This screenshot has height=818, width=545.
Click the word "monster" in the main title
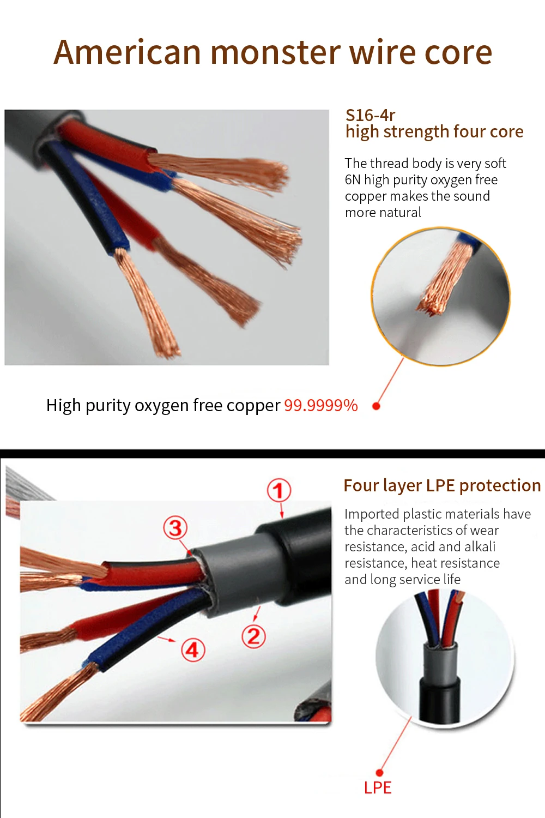[276, 52]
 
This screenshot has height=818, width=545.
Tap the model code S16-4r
[370, 116]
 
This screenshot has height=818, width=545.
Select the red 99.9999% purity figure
[321, 405]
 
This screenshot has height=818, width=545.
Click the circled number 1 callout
[279, 490]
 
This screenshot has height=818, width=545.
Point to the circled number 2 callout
[254, 636]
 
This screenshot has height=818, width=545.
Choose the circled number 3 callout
[175, 528]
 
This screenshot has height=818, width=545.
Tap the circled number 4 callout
[193, 650]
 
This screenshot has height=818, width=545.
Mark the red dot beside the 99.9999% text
[377, 406]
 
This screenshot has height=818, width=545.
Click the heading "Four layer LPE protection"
[442, 486]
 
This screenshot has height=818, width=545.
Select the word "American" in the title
[127, 52]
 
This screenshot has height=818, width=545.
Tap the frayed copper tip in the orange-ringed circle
[433, 309]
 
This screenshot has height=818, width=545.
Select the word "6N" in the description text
[352, 180]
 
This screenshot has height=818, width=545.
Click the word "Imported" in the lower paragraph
[372, 515]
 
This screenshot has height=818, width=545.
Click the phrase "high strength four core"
[434, 132]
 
